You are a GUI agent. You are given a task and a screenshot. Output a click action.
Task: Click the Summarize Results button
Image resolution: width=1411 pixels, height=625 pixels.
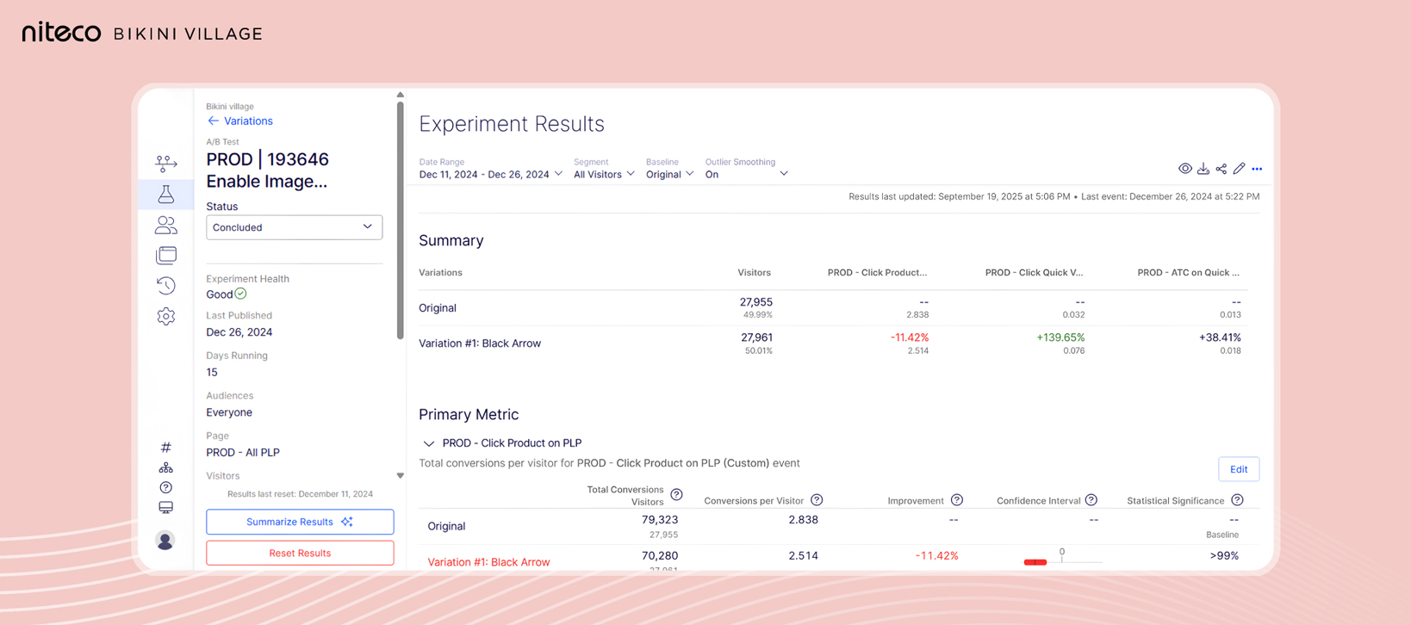point(299,522)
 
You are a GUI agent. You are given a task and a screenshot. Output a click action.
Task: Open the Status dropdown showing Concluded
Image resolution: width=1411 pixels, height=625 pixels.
point(294,227)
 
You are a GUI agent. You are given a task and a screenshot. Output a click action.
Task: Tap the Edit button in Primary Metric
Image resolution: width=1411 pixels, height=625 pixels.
point(1238,469)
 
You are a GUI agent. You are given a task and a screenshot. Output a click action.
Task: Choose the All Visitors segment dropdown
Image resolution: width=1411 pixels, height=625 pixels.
point(604,175)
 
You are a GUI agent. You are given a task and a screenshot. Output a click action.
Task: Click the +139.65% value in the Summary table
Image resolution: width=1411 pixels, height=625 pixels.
point(1060,337)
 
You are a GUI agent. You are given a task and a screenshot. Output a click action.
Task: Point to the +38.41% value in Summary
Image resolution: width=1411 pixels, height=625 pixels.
point(1219,337)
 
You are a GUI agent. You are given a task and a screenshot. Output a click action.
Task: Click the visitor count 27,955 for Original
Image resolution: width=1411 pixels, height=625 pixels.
point(755,302)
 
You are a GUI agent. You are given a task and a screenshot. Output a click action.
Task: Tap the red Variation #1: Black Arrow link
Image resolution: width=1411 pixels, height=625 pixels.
point(488,562)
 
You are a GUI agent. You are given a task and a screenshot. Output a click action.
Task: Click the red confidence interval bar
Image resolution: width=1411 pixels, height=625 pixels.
point(1035,562)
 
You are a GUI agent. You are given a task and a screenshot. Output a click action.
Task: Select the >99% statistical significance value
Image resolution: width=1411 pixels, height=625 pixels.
point(1223,556)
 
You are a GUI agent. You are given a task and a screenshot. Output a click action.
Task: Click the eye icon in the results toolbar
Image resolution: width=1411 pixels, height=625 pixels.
point(1185,169)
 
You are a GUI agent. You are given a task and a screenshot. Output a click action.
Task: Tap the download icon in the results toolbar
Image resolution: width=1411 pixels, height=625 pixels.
point(1203,169)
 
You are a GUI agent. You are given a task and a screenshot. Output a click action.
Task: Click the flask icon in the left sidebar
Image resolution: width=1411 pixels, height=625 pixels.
point(166,195)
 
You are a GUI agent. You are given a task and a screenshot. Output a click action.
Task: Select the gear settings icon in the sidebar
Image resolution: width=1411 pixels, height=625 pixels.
point(166,317)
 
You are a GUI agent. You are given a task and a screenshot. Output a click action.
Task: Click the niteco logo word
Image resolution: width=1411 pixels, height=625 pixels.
point(61,33)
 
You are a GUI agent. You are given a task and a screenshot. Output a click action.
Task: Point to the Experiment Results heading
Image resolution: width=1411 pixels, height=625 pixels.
point(512,124)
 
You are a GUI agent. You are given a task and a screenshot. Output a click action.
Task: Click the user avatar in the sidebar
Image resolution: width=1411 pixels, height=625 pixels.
point(165,541)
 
